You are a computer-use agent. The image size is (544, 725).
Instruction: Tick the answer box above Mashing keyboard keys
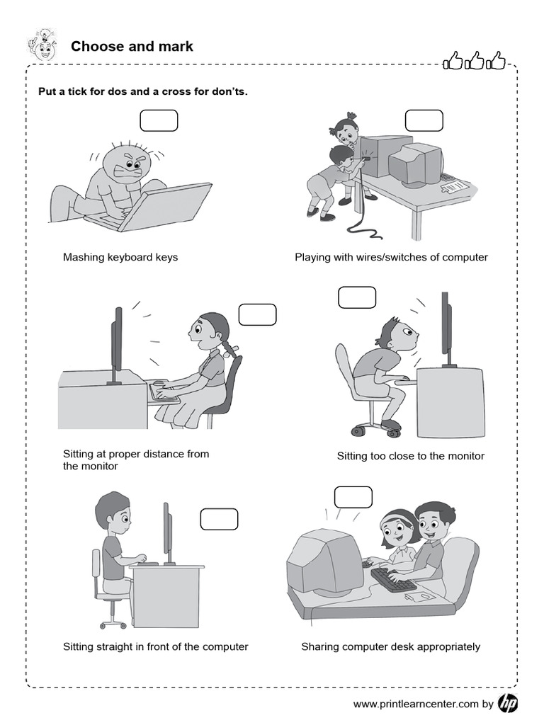tap(159, 120)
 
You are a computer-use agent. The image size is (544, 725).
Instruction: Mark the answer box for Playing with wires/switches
tap(424, 120)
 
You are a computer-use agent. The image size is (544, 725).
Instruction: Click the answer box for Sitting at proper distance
tap(257, 314)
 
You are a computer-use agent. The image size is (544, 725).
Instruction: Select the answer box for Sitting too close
tap(356, 297)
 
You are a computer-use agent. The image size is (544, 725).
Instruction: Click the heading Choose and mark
tap(132, 47)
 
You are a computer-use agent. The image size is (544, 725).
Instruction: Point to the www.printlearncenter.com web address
tap(416, 704)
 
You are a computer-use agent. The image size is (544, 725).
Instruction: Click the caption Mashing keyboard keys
tap(120, 257)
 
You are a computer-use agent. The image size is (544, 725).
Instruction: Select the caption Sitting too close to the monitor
tap(410, 456)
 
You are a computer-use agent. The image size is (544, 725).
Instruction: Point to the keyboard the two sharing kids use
tap(392, 579)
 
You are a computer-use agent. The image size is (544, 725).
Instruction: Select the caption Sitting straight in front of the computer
tap(156, 646)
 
